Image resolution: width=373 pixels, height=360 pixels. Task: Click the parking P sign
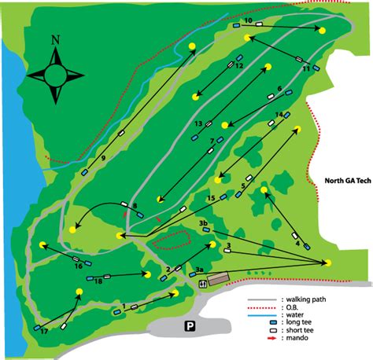(190, 326)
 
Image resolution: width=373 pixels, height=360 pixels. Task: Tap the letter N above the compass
(55, 40)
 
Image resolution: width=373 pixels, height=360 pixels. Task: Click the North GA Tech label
(347, 180)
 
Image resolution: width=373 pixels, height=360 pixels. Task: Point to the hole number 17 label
(44, 332)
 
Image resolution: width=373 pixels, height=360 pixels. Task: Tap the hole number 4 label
(297, 244)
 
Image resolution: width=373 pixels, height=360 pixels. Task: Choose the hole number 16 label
(79, 266)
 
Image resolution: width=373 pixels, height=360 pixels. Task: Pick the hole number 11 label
(306, 70)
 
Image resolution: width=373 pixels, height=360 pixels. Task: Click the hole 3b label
(203, 224)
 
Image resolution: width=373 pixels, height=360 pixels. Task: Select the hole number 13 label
(199, 123)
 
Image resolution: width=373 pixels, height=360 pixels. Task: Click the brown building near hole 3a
(218, 278)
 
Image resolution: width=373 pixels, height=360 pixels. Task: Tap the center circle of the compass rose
(55, 75)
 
